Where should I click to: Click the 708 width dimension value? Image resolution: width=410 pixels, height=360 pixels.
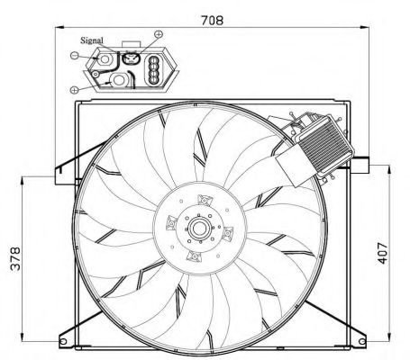click(x=212, y=21)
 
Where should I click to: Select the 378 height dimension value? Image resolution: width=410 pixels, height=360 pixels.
click(x=15, y=258)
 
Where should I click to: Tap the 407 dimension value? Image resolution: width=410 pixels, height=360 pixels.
click(x=383, y=253)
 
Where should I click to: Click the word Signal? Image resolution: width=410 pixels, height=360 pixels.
click(x=92, y=40)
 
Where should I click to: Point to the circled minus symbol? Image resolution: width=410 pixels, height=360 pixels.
click(x=74, y=55)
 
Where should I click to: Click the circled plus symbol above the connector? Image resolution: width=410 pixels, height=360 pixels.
click(x=159, y=34)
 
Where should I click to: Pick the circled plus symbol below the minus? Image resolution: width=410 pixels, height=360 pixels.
click(x=74, y=89)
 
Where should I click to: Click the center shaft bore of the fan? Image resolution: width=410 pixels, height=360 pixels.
click(x=198, y=229)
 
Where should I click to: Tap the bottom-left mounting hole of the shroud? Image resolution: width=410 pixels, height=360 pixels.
click(x=63, y=341)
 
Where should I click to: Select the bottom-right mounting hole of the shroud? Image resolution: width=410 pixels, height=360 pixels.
click(x=362, y=341)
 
